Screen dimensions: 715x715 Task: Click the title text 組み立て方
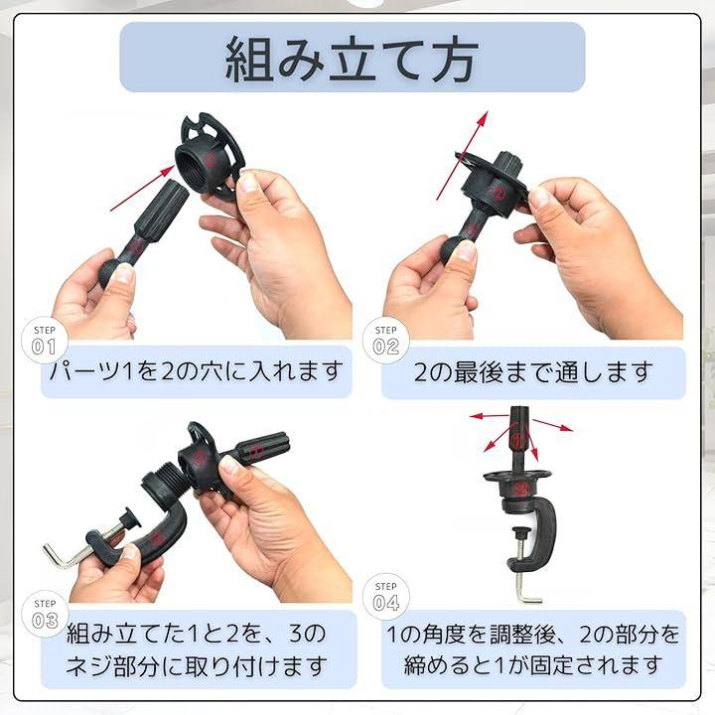click(352, 59)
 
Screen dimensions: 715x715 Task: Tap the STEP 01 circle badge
click(45, 341)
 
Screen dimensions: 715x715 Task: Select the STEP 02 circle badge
click(385, 341)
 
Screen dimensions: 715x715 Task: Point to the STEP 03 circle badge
click(45, 614)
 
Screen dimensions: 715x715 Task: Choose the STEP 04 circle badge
click(385, 597)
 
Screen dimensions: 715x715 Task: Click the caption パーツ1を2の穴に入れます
click(196, 370)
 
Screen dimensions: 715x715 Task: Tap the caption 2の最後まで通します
click(533, 371)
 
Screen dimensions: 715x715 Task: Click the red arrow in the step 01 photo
click(142, 189)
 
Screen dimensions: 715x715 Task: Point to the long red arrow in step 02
click(462, 156)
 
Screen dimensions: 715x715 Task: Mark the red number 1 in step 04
click(516, 441)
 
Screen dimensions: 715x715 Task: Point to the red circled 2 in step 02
click(498, 193)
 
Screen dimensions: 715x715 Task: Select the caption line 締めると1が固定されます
click(533, 664)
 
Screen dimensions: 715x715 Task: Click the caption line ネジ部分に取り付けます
click(197, 665)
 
